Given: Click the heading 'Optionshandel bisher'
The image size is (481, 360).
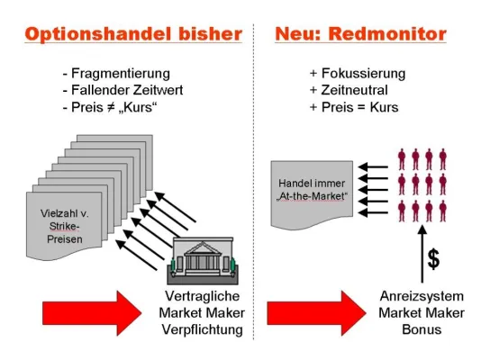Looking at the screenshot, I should click(x=132, y=34).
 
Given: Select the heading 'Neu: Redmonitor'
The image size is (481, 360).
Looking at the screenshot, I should click(x=360, y=34).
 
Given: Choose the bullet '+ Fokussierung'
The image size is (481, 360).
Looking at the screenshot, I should click(x=357, y=73).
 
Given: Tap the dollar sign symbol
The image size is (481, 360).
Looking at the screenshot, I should click(x=432, y=260).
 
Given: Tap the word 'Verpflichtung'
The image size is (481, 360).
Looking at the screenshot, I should click(x=204, y=329).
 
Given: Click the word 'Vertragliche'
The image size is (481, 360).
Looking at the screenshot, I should click(x=204, y=298).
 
